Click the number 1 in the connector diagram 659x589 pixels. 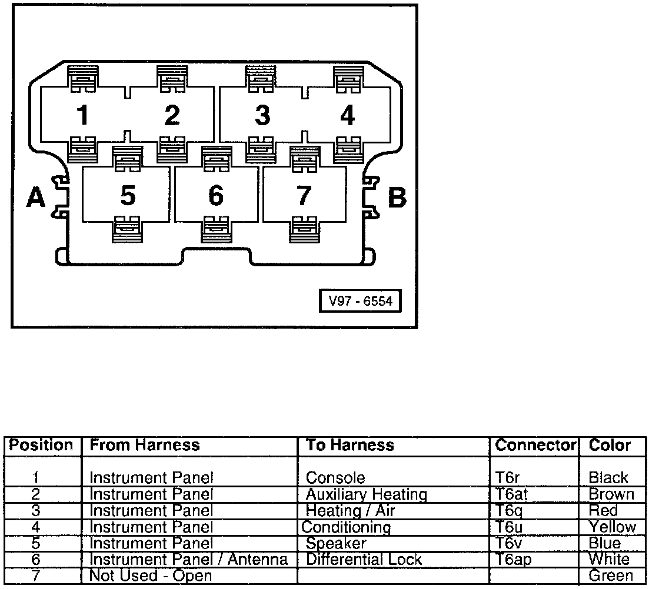(x=84, y=116)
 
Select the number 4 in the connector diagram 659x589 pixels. (x=348, y=116)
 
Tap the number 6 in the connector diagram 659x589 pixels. (x=216, y=196)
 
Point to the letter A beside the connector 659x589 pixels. (x=36, y=198)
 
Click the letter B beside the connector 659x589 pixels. (x=397, y=198)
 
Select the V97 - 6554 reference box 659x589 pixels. (x=360, y=302)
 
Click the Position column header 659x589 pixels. (x=41, y=446)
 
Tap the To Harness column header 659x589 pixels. (x=350, y=446)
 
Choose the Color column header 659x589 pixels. (x=610, y=446)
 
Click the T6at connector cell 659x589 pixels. (x=511, y=494)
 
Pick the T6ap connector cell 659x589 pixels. (x=513, y=560)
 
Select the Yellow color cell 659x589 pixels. (x=612, y=527)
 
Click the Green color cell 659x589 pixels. (x=611, y=576)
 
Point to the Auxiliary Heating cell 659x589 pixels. (x=366, y=494)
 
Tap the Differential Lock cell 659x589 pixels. (x=364, y=560)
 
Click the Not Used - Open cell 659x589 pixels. (x=150, y=576)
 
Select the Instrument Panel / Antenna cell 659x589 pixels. (x=188, y=560)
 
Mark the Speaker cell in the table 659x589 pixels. (x=336, y=544)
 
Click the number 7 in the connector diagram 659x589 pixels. (x=303, y=196)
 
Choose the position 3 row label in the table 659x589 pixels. (x=35, y=511)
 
